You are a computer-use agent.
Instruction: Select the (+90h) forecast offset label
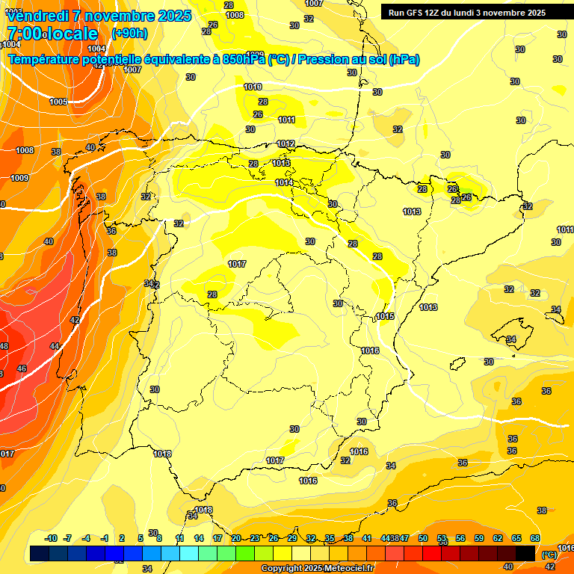tap(129, 34)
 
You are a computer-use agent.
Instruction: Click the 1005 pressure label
tap(58, 102)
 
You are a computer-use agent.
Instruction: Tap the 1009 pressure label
tap(19, 178)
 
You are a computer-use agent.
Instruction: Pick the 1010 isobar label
tap(253, 87)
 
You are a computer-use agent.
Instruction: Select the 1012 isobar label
tap(286, 143)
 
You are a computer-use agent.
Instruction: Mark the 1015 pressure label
tap(385, 316)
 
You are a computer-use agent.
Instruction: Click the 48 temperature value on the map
tap(4, 346)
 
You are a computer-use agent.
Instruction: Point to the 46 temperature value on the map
tap(22, 368)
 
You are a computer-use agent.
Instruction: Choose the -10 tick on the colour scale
tap(52, 538)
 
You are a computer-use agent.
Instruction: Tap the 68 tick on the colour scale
tap(535, 538)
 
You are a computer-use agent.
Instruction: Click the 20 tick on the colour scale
tap(236, 538)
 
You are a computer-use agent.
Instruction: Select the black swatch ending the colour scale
tap(525, 553)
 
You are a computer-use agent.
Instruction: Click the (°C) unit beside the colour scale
tap(549, 555)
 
